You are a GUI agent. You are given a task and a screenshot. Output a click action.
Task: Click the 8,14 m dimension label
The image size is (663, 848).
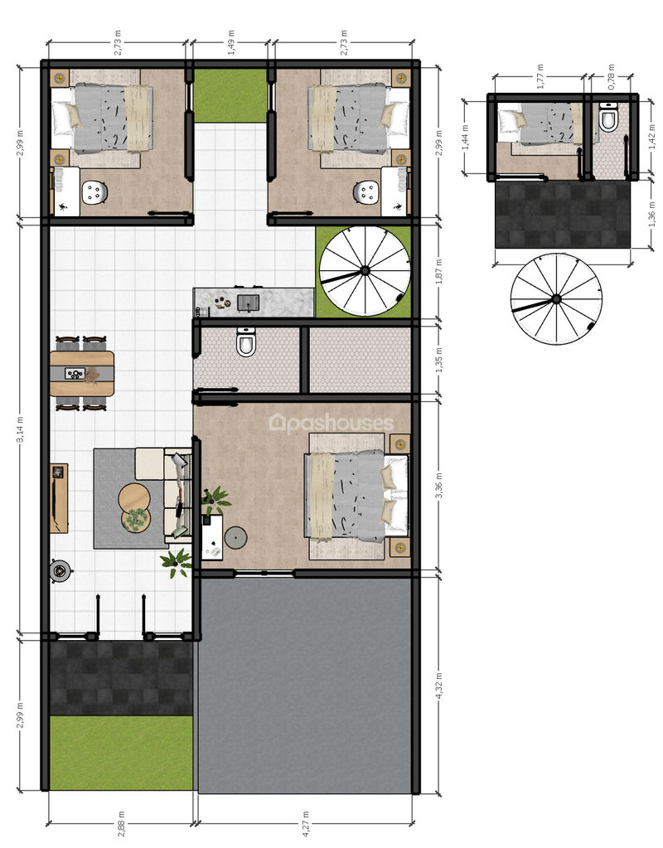point(19,429)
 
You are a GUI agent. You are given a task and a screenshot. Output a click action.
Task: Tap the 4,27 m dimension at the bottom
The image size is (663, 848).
point(306,822)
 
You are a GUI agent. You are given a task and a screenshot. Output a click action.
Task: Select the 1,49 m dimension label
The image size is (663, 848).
point(231,42)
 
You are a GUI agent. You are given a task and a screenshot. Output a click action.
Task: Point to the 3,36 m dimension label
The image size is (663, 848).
point(438,485)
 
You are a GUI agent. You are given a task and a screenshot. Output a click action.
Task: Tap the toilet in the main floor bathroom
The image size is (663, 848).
point(246,342)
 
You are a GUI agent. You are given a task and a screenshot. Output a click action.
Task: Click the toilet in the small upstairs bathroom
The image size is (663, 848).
point(608,118)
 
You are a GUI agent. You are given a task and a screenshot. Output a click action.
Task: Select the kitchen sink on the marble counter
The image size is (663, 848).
point(249,303)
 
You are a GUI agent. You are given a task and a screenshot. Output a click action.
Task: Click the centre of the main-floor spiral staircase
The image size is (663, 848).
point(365,270)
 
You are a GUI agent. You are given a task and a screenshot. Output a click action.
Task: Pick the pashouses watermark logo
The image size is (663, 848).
point(331,424)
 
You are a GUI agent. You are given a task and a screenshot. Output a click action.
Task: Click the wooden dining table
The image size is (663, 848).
point(82,373)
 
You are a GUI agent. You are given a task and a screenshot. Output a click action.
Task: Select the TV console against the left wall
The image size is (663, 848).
point(59,497)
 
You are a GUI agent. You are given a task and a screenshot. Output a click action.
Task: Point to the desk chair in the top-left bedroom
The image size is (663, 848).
point(95,192)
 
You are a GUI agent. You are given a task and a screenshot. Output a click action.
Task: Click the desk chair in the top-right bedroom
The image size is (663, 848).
point(367,192)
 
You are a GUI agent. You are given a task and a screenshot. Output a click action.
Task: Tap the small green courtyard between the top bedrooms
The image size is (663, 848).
point(230,95)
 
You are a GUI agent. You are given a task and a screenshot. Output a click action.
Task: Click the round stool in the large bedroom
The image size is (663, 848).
point(236,538)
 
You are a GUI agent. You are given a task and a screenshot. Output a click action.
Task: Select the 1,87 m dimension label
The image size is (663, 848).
point(438,271)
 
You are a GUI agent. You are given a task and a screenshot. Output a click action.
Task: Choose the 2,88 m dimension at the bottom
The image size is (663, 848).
point(121,822)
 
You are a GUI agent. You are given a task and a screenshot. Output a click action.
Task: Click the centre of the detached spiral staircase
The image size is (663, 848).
point(556,298)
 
